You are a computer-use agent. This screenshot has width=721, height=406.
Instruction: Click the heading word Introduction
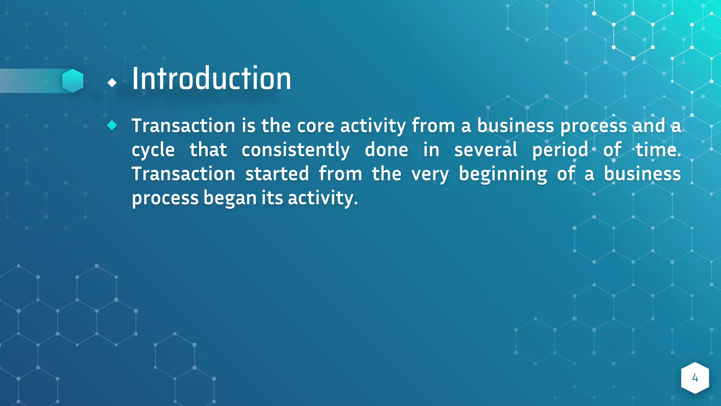pyautogui.click(x=211, y=79)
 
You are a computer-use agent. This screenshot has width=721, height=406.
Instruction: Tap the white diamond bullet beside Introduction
pyautogui.click(x=112, y=83)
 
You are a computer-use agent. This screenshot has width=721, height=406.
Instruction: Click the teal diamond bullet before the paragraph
pyautogui.click(x=112, y=125)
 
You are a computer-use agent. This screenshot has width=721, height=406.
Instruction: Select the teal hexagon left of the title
pyautogui.click(x=73, y=81)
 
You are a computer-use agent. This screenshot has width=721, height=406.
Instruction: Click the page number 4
pyautogui.click(x=695, y=378)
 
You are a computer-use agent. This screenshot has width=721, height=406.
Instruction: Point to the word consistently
pyautogui.click(x=295, y=150)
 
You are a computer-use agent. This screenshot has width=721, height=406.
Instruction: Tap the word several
pyautogui.click(x=485, y=150)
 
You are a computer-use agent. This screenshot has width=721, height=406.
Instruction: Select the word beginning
pyautogui.click(x=503, y=174)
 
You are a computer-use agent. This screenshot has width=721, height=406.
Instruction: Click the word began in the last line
pyautogui.click(x=230, y=198)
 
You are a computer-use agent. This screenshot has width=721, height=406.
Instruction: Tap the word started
pyautogui.click(x=277, y=174)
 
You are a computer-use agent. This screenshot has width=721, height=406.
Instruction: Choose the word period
pyautogui.click(x=560, y=150)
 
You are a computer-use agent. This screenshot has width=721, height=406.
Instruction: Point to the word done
pyautogui.click(x=386, y=150)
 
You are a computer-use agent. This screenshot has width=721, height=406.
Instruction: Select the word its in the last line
pyautogui.click(x=272, y=198)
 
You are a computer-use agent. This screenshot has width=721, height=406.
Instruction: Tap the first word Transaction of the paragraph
pyautogui.click(x=183, y=126)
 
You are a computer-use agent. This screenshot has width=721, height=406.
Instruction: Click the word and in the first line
pyautogui.click(x=649, y=126)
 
